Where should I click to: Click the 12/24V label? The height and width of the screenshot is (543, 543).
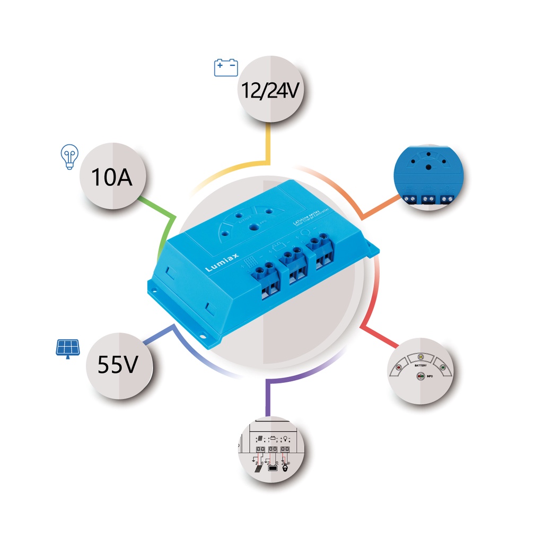point(269,91)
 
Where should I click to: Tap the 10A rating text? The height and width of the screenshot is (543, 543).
point(111,177)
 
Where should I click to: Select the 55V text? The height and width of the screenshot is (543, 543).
point(118,365)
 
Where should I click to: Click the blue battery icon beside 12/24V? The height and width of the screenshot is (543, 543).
point(226,68)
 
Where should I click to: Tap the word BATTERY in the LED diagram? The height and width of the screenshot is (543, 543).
point(421,366)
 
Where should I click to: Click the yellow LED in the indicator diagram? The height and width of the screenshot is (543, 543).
point(421,357)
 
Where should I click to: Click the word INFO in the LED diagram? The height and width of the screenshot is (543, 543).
point(430,376)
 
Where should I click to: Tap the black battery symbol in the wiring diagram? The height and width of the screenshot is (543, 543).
point(273,468)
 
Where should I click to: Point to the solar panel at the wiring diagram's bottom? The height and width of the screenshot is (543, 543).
point(257,468)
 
